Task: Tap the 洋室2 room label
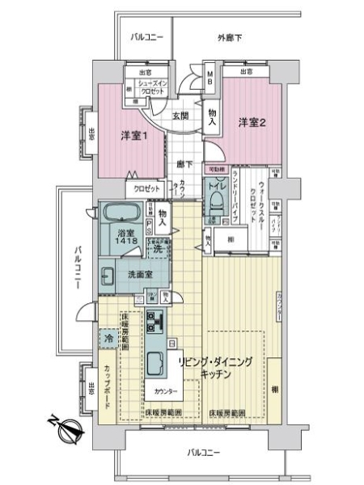252,122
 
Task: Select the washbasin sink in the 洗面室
108,276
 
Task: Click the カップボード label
108,389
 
